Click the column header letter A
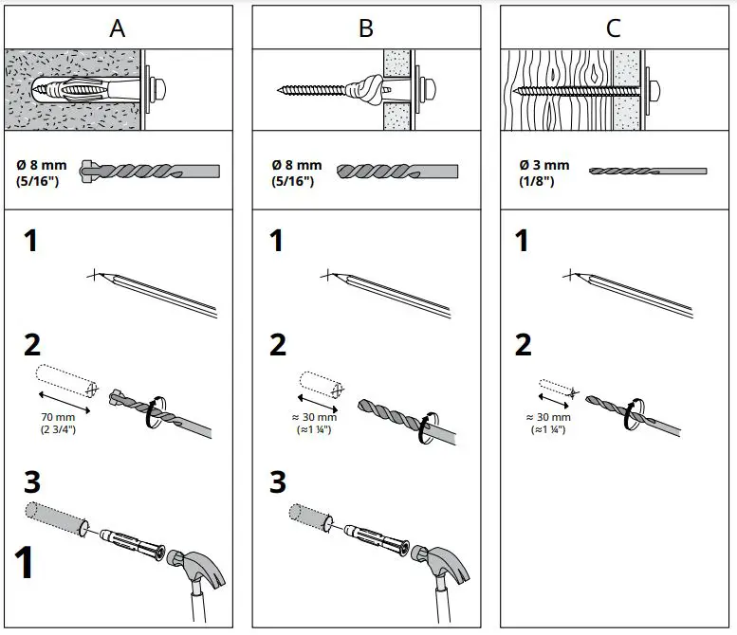(117, 27)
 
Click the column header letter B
(365, 27)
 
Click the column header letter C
(614, 27)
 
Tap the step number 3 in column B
(278, 481)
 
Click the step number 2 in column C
(523, 345)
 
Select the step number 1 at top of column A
(31, 242)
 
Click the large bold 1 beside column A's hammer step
(24, 561)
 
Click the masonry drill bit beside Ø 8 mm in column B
(398, 172)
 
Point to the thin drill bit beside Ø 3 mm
(647, 171)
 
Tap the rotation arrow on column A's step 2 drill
(150, 417)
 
